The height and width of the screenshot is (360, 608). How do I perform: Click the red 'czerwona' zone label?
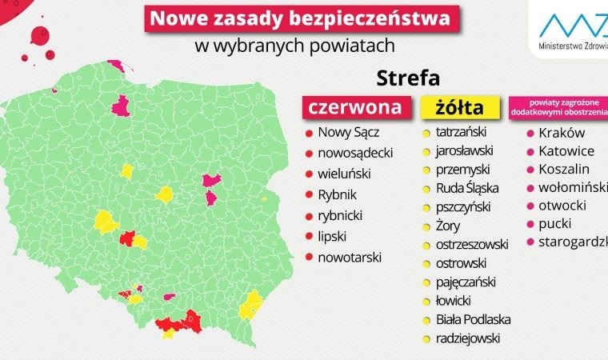pos(359,106)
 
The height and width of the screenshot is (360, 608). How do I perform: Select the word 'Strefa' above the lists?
pos(407,78)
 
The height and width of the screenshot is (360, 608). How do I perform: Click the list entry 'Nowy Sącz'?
pos(347,133)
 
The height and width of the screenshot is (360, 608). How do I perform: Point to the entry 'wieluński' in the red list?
pos(345,174)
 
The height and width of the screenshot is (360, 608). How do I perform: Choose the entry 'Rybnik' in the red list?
pos(337,194)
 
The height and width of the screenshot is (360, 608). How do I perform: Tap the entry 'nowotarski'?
pos(350,257)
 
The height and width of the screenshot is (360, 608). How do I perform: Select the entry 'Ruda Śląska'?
pos(467,188)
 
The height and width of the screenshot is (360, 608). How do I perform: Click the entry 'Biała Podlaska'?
pos(474,319)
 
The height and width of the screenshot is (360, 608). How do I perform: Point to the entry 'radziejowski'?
pos(468,338)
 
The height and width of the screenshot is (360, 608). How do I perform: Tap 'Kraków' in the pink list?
pos(562,133)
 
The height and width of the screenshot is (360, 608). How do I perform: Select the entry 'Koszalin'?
pos(564,169)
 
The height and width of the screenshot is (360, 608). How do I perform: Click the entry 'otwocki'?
pos(562,206)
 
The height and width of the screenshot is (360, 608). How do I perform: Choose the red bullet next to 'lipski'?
pos(307,237)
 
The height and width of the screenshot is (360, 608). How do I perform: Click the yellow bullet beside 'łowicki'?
pos(426,301)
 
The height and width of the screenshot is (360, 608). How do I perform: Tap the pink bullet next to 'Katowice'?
pos(530,151)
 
